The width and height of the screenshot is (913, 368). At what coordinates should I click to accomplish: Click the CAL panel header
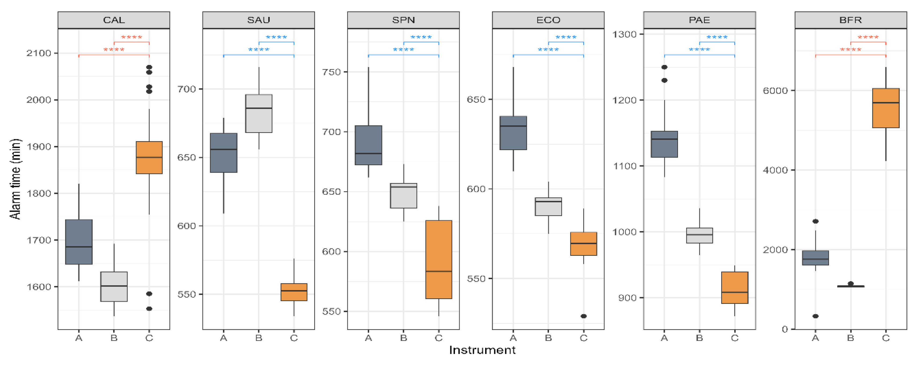114,20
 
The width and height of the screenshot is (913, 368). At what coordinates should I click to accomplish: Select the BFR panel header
850,20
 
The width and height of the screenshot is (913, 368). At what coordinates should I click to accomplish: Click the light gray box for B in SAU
259,114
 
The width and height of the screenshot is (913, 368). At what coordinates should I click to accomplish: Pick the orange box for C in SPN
439,259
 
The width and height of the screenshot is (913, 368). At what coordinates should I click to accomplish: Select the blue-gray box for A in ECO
513,133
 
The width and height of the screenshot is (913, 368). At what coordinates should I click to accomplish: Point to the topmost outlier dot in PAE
665,67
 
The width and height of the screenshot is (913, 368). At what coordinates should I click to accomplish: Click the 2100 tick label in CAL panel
39,53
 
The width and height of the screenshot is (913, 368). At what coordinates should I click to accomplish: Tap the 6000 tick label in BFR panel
775,90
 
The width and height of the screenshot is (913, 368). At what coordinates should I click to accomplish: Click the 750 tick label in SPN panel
331,72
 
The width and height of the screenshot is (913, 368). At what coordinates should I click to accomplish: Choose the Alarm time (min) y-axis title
15,179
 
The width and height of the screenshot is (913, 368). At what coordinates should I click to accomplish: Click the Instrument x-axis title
482,350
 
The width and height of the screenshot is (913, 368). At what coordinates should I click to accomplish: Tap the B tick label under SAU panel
259,338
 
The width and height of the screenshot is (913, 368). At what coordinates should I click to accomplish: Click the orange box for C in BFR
886,108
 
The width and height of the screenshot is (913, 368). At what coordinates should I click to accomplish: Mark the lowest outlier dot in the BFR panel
816,316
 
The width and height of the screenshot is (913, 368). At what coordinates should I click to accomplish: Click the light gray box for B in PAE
699,235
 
